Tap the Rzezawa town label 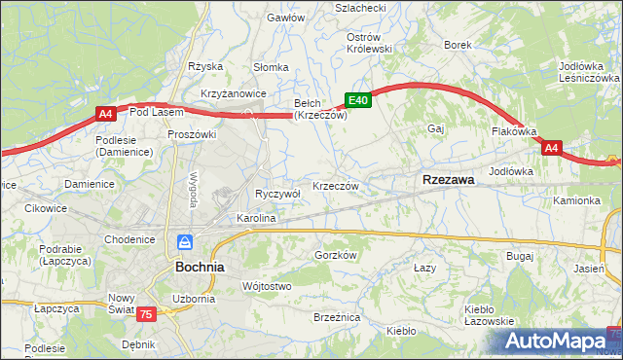[x=448, y=180]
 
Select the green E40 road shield [x=357, y=100]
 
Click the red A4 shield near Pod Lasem [x=106, y=115]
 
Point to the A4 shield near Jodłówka [x=552, y=148]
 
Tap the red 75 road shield [x=146, y=313]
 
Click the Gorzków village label [x=337, y=255]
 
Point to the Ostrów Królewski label [x=369, y=43]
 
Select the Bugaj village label [x=520, y=255]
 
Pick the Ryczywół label [x=277, y=194]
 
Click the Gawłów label [x=286, y=18]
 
